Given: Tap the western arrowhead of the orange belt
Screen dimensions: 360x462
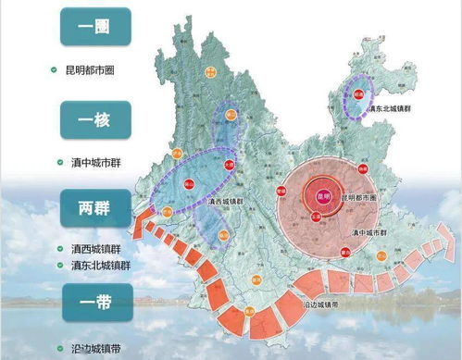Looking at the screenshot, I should tap(140, 225).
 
